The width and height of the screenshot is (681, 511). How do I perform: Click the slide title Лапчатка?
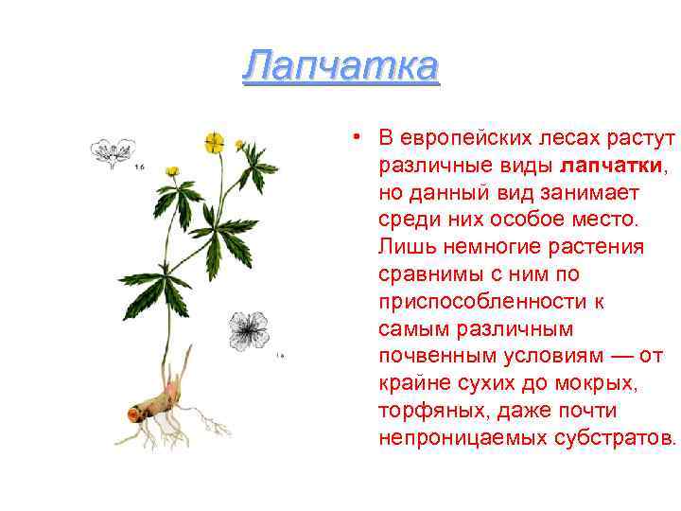pyautogui.click(x=340, y=67)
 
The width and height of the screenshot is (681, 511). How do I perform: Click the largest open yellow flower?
pyautogui.click(x=214, y=143)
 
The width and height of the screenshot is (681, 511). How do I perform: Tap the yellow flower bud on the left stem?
pyautogui.click(x=172, y=171)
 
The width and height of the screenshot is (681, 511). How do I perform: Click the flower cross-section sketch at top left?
pyautogui.click(x=111, y=151)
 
